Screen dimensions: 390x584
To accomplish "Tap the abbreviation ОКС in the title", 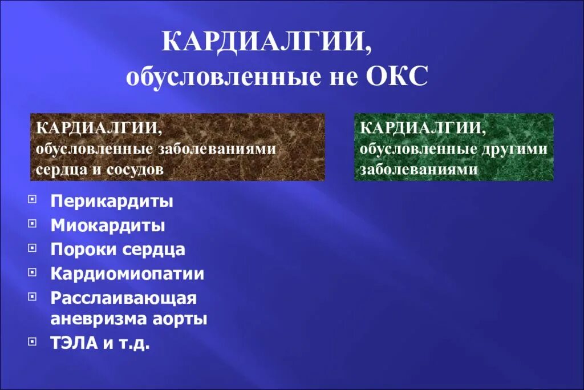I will click(x=394, y=77).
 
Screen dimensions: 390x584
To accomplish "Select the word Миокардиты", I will click(x=108, y=226).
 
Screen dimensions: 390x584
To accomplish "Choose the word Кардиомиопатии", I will click(x=127, y=274).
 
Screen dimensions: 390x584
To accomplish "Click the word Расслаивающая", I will click(x=123, y=298).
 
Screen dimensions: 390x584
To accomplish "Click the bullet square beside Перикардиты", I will click(x=32, y=199).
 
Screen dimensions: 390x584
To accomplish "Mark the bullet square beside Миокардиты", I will click(x=32, y=224).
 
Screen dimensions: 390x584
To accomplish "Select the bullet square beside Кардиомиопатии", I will click(x=32, y=272).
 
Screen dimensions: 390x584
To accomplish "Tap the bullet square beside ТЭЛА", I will click(x=32, y=341).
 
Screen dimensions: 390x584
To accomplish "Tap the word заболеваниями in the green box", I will click(x=418, y=170).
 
